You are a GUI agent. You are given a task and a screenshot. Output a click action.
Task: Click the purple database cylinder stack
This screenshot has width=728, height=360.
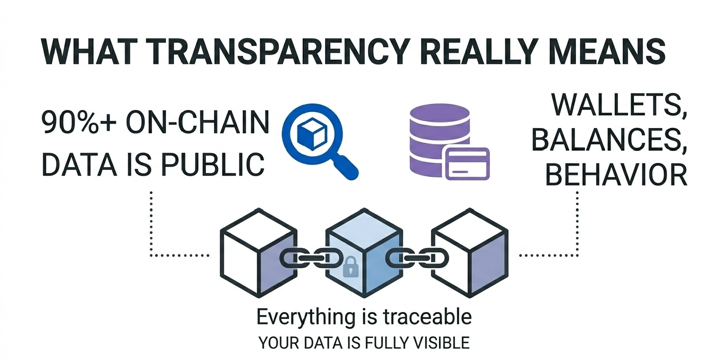439,135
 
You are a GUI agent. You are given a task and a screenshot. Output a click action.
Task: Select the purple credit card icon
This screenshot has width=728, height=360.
466,163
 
